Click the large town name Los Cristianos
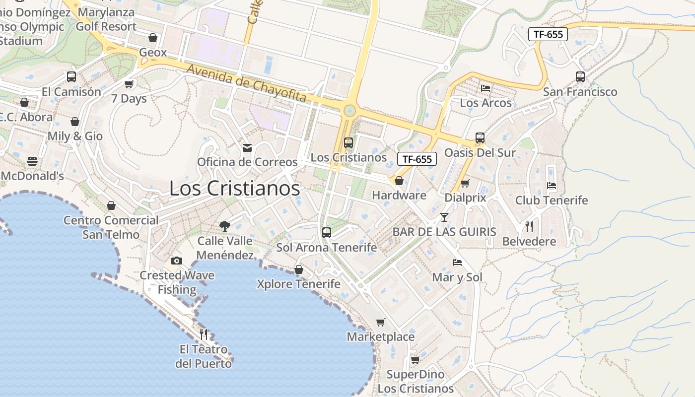[234, 189]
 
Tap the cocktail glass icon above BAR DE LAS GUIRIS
[444, 217]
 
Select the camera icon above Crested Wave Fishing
[176, 261]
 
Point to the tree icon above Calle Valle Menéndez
[224, 226]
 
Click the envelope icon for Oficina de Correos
[247, 148]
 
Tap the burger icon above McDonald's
[32, 161]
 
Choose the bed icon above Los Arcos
[486, 88]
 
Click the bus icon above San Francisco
[580, 77]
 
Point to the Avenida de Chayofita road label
[246, 83]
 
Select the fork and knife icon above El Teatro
[204, 334]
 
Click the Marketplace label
[380, 337]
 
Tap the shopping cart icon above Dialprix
[465, 184]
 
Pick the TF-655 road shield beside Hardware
[417, 159]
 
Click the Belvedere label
[529, 242]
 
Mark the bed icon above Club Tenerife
[551, 186]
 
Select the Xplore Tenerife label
[298, 284]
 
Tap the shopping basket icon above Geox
[153, 38]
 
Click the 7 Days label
[129, 99]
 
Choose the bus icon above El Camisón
[71, 77]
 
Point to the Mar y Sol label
[457, 277]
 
